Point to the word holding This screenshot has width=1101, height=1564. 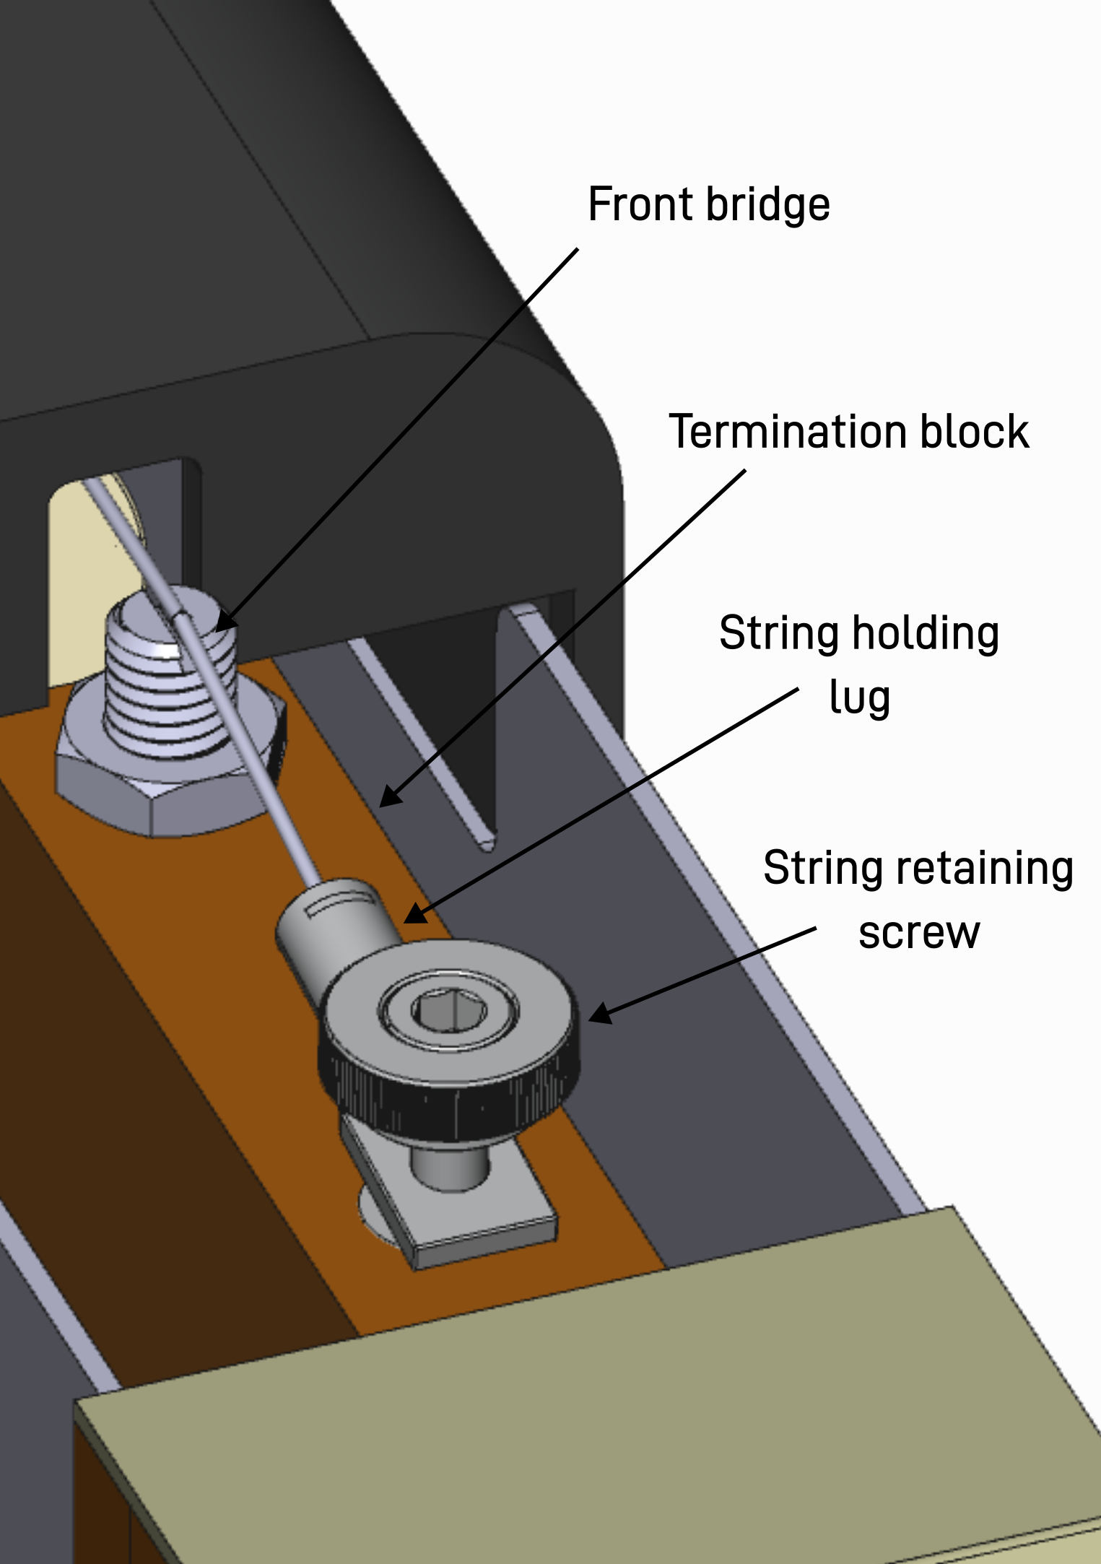926,633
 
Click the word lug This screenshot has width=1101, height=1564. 859,698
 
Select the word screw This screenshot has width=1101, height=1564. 918,932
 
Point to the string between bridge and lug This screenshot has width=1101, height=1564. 260,780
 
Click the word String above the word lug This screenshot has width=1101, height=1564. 778,633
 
